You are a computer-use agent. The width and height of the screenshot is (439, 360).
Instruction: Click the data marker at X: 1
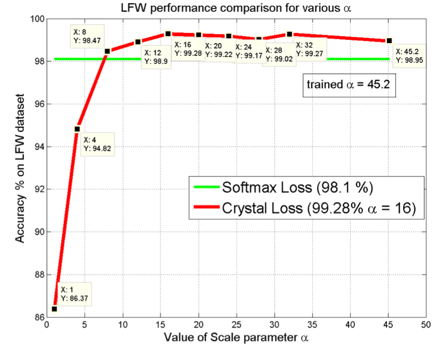[54, 309]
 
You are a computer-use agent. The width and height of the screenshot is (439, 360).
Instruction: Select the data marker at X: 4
[77, 129]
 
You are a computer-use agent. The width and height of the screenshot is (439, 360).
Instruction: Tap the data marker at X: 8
[108, 51]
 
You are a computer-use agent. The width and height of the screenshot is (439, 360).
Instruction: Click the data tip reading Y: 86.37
[75, 294]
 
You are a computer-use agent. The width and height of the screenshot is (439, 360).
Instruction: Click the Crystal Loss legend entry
[308, 209]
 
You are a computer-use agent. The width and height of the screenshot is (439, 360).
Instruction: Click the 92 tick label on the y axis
[38, 190]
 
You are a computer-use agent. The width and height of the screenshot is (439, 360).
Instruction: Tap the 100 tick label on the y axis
[36, 19]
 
